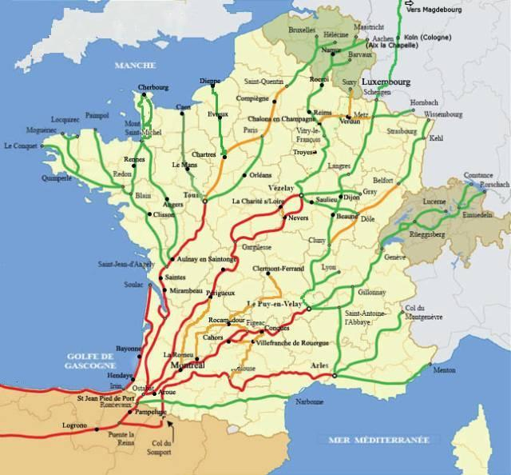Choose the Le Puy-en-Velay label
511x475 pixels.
pyautogui.click(x=274, y=303)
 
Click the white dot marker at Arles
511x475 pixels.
pyautogui.click(x=335, y=375)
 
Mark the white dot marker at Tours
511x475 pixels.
pyautogui.click(x=204, y=201)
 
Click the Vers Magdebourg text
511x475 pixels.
pyautogui.click(x=435, y=10)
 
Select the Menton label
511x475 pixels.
pyautogui.click(x=444, y=370)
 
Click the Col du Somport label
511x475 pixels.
pyautogui.click(x=160, y=448)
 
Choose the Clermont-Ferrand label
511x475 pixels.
pyautogui.click(x=279, y=270)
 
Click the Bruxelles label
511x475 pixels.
pyautogui.click(x=302, y=29)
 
